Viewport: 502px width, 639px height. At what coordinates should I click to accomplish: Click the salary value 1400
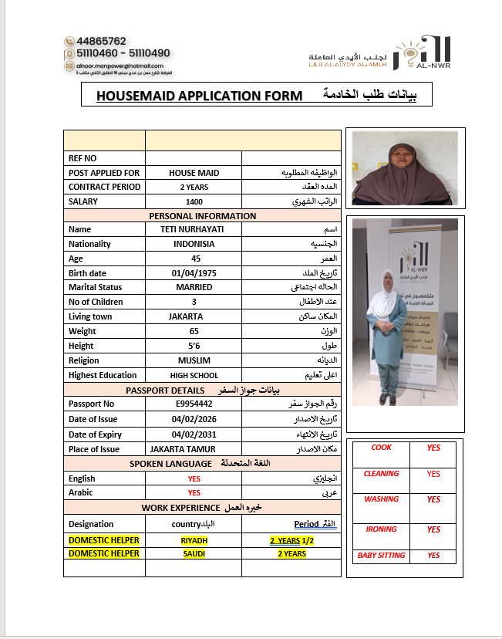(x=194, y=201)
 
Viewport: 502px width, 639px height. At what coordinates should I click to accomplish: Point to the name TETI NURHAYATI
(x=194, y=229)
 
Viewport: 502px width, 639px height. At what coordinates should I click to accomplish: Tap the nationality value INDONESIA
(x=194, y=244)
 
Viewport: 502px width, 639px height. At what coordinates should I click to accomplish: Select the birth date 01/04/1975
(x=194, y=273)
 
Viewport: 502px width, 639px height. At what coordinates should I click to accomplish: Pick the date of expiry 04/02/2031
(x=194, y=434)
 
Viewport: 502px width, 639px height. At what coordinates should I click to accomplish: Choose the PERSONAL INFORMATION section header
(x=202, y=216)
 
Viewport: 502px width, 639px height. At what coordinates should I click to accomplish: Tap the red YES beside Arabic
(x=194, y=492)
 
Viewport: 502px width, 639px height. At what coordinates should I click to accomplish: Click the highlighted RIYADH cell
(x=194, y=540)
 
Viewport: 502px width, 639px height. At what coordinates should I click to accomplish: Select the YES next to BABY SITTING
(x=433, y=556)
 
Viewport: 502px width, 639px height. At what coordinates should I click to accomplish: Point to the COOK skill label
(x=382, y=448)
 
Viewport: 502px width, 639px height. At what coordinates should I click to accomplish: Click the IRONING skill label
(x=382, y=529)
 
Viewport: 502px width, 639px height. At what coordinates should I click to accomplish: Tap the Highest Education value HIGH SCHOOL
(x=194, y=375)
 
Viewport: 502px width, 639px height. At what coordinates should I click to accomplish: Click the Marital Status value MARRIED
(x=194, y=287)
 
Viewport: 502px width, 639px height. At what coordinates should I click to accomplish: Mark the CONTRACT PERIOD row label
(x=104, y=187)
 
